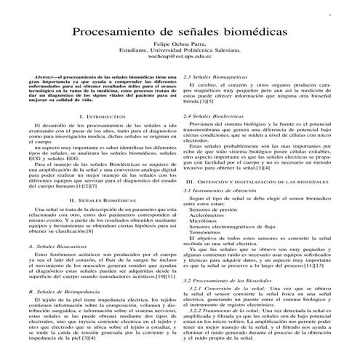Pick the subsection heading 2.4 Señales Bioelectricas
pos(215,116)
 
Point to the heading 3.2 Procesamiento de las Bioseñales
pos(229,279)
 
